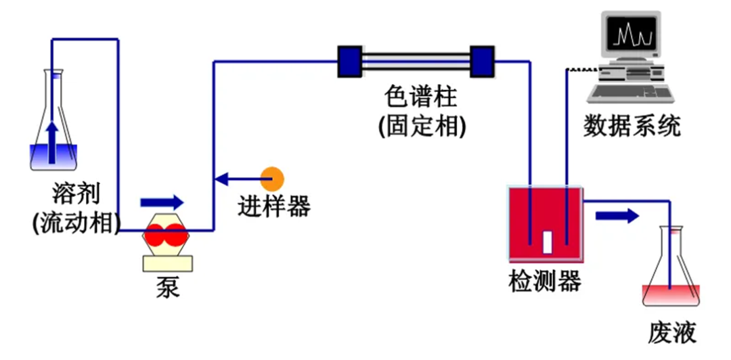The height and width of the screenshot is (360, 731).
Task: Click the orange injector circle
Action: (x=273, y=179)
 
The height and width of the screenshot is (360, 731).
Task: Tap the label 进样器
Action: (x=273, y=206)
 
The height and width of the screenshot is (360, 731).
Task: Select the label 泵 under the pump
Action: (x=167, y=288)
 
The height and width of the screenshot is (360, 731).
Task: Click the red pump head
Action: (x=164, y=235)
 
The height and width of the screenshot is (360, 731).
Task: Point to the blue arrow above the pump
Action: (x=162, y=202)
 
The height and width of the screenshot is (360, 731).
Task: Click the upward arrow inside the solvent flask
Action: (x=52, y=142)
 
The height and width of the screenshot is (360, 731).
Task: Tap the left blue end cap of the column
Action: (x=349, y=61)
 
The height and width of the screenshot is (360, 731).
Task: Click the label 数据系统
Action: (x=632, y=126)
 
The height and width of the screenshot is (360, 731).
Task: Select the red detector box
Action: (x=546, y=223)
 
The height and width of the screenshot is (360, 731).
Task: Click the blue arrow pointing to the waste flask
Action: (x=617, y=216)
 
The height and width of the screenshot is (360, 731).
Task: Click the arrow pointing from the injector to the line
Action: (x=238, y=179)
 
